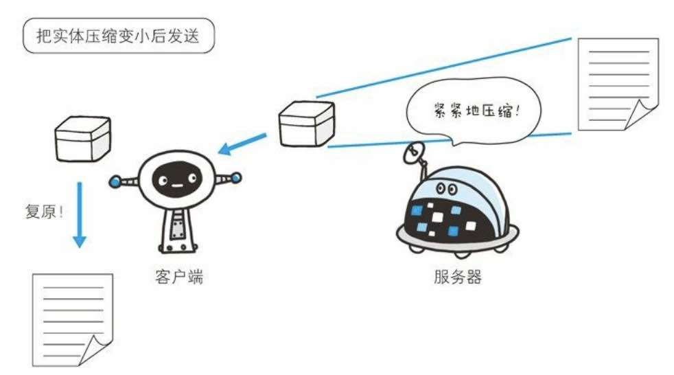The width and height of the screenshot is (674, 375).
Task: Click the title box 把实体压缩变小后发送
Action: coord(118,36)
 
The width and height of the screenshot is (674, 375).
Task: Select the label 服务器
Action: coord(458,278)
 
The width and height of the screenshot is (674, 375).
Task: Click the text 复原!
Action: coord(43,211)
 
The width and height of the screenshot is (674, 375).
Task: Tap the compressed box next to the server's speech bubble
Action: coord(306,124)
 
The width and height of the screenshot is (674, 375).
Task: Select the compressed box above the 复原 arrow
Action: coord(82,139)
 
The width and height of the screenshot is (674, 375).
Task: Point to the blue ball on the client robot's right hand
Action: coord(236,178)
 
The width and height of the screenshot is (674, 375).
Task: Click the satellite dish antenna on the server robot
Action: coord(415,152)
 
